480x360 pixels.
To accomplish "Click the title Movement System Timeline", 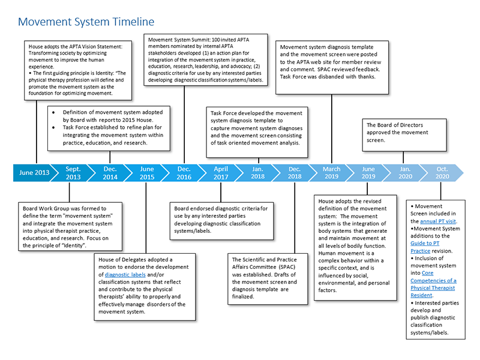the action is pyautogui.click(x=86, y=22).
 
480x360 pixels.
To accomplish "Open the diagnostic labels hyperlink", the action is pyautogui.click(x=125, y=275).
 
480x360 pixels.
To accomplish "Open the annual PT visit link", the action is pyautogui.click(x=438, y=221).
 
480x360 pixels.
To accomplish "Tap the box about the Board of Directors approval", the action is pyautogui.click(x=404, y=135).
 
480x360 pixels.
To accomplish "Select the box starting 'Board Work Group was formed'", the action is pyautogui.click(x=70, y=227).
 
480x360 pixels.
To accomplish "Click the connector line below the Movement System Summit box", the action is pyautogui.click(x=184, y=125).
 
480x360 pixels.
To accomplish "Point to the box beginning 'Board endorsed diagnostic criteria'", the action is pyautogui.click(x=221, y=221).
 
